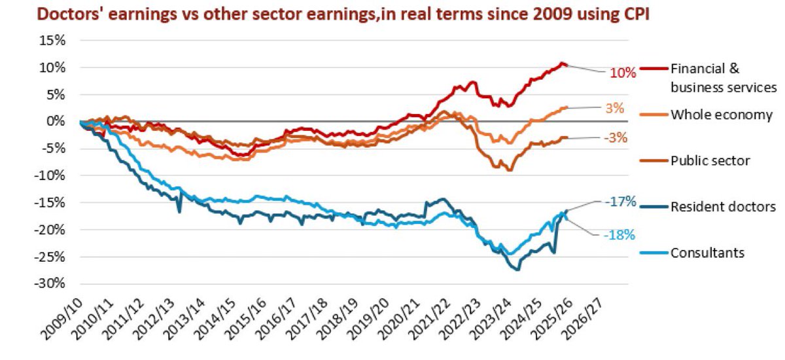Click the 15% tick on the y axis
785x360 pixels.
pyautogui.click(x=52, y=40)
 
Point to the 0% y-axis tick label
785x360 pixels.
pyautogui.click(x=56, y=121)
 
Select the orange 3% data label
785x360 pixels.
pyautogui.click(x=615, y=108)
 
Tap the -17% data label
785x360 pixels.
pyautogui.click(x=621, y=202)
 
